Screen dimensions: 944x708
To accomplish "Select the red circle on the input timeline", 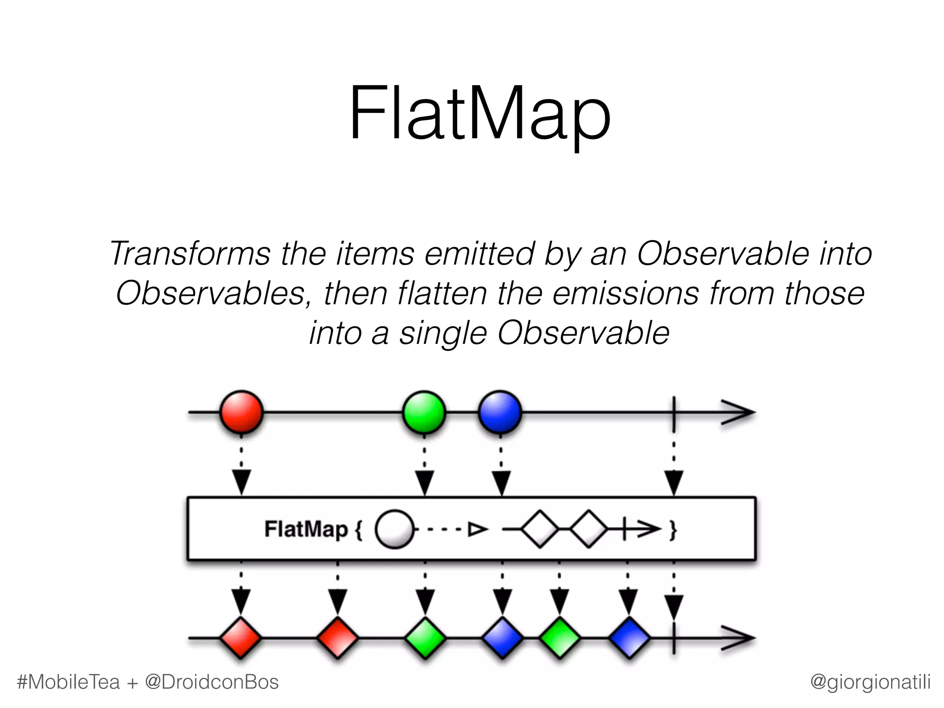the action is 241,412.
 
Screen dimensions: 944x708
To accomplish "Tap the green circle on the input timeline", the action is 424,412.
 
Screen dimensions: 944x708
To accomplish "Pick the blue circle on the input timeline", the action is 500,412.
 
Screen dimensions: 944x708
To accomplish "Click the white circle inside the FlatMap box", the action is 394,529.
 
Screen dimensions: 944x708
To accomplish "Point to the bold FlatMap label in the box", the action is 306,529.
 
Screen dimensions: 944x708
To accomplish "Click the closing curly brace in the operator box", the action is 673,530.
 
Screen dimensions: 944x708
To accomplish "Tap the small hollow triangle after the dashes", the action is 477,529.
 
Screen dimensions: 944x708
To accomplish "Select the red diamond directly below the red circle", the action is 241,638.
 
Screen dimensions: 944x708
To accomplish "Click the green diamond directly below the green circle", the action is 425,638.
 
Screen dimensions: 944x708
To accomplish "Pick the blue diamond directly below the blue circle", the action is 502,638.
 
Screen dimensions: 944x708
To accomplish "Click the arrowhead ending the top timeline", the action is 740,412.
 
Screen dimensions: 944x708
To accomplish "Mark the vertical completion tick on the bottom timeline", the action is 674,638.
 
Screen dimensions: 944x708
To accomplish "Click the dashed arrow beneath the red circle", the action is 241,470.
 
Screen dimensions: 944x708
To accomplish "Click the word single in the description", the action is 442,333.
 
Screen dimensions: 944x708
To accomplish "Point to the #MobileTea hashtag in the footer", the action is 68,682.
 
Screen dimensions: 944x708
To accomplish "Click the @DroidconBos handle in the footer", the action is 212,682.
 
